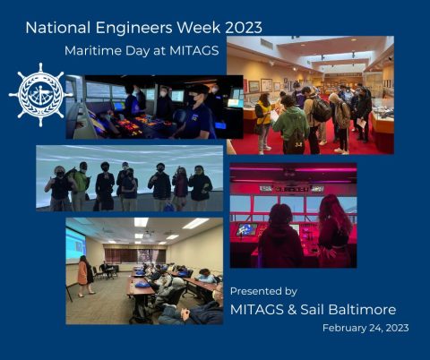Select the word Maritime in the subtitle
coord(94,51)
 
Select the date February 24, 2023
coord(365,329)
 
